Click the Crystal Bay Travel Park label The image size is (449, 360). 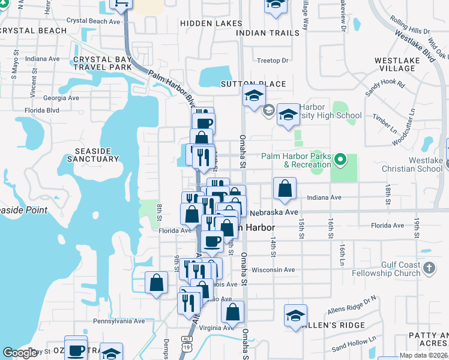pyautogui.click(x=103, y=64)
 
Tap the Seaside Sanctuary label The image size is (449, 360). pyautogui.click(x=97, y=154)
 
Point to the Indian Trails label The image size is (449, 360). pyautogui.click(x=268, y=32)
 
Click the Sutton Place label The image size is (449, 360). pyautogui.click(x=253, y=83)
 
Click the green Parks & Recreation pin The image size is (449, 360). pyautogui.click(x=340, y=160)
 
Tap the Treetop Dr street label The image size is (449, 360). pyautogui.click(x=273, y=61)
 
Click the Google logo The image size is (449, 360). pyautogui.click(x=20, y=352)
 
